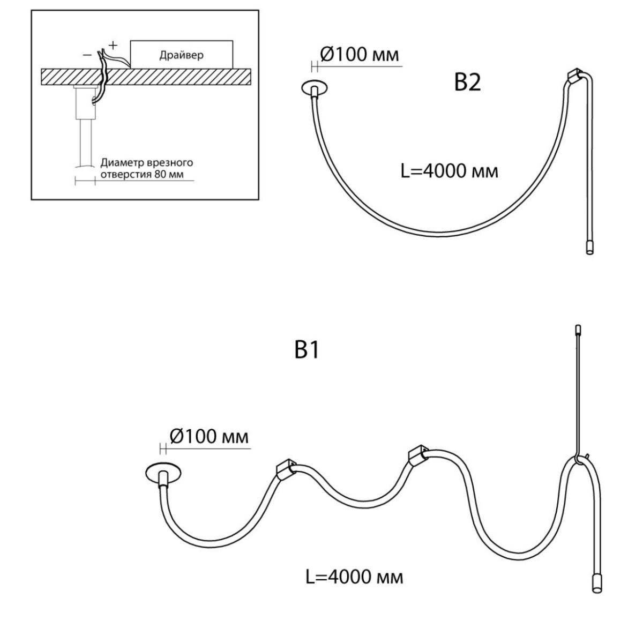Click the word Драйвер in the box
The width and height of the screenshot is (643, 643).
181,55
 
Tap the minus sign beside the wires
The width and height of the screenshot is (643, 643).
87,55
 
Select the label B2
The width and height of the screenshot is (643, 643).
467,82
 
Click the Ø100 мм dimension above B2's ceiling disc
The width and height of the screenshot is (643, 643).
360,55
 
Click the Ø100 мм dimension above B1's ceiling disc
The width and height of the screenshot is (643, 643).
209,436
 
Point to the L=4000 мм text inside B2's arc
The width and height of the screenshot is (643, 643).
449,171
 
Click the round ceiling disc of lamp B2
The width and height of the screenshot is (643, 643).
315,87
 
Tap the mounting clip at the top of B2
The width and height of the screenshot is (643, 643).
575,77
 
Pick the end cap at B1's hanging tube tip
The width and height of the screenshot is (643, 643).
597,593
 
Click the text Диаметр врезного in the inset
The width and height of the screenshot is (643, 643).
147,162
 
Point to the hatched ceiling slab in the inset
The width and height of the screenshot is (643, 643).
146,77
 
